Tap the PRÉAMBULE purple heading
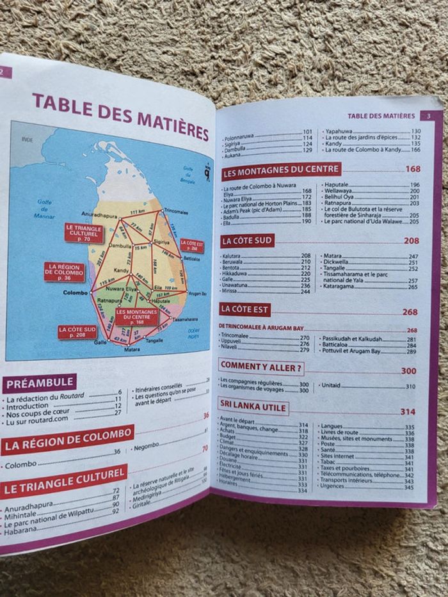[40, 384]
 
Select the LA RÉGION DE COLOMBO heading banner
[67, 440]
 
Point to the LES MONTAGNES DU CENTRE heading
[281, 170]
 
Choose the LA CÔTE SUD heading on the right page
[247, 241]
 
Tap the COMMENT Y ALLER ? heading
[261, 367]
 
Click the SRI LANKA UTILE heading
[253, 406]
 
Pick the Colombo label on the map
[76, 293]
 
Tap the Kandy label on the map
[122, 271]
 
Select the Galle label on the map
[100, 342]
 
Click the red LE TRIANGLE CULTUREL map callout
[84, 233]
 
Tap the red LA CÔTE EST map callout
[192, 246]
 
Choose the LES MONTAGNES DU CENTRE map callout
[137, 316]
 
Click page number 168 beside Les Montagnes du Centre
[413, 169]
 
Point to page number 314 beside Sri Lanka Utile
[408, 411]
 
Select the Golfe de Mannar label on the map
[44, 209]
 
